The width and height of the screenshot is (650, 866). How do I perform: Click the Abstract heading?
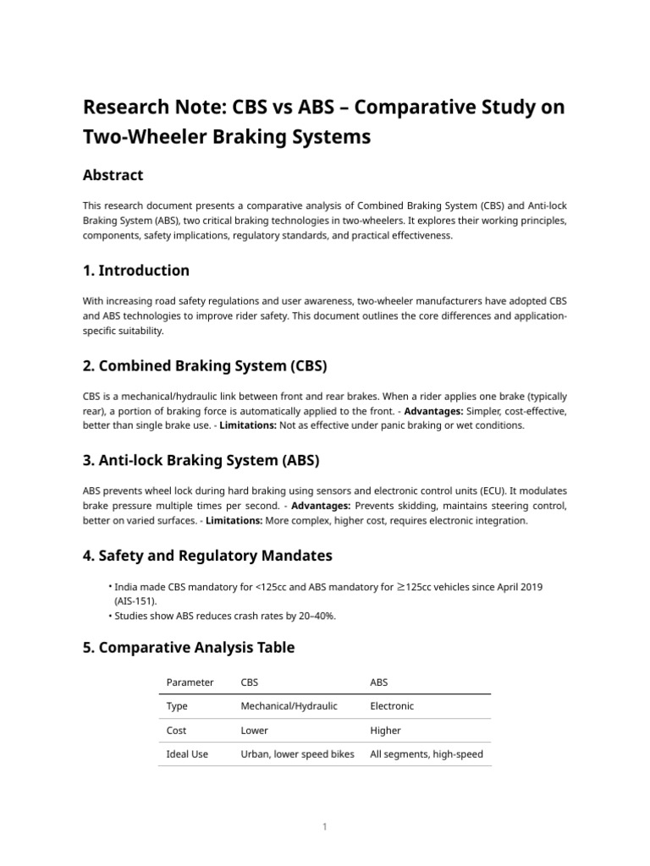point(113,175)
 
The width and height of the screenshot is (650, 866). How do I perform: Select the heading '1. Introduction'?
point(135,271)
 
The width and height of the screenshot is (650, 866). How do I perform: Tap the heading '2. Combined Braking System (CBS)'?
point(204,365)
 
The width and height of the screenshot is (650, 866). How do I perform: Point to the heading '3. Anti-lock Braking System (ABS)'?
point(201,460)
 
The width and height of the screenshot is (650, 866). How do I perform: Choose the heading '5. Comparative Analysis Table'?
point(188,648)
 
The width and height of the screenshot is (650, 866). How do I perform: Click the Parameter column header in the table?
point(190,682)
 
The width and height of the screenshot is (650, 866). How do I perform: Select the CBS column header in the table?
point(250,682)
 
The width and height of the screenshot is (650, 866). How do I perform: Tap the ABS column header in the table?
point(379,682)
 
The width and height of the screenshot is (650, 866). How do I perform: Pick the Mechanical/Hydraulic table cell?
point(289,706)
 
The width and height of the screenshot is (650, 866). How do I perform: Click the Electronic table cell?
point(392,706)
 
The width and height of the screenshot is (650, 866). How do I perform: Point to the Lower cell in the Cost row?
point(255,730)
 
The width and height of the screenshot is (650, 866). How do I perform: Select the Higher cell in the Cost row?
point(385,730)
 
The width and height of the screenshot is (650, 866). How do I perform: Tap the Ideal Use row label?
point(187,754)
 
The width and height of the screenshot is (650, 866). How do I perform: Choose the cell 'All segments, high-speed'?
point(427,754)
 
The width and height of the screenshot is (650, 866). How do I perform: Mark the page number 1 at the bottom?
point(324,826)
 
